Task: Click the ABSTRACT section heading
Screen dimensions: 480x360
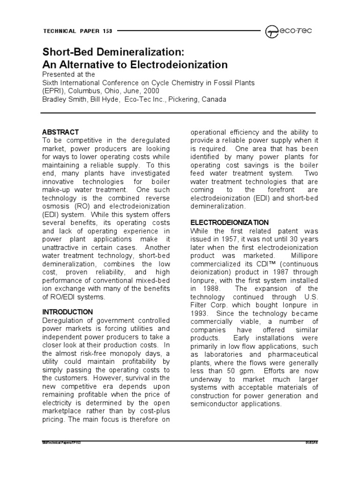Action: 60,132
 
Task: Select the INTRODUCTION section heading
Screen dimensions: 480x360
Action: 67,312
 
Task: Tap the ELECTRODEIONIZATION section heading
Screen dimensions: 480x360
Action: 229,222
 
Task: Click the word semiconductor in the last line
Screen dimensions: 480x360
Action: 216,404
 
